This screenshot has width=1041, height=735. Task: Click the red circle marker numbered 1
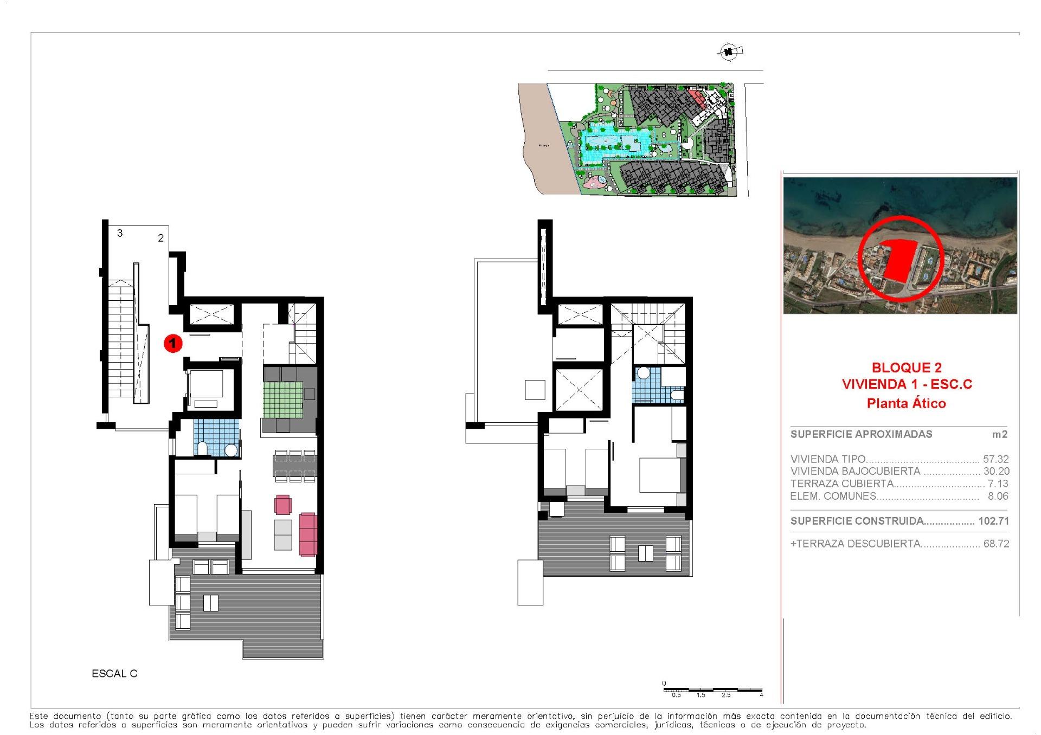click(x=172, y=343)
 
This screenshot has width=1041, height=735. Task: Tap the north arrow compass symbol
click(x=729, y=52)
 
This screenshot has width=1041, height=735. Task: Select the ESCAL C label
click(x=114, y=674)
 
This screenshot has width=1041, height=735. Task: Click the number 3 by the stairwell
click(x=120, y=233)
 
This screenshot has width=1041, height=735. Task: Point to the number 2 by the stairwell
click(x=160, y=238)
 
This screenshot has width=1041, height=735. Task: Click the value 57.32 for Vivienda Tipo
click(x=996, y=459)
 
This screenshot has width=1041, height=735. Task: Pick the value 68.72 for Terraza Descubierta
click(x=996, y=544)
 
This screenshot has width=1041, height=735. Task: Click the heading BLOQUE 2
click(x=906, y=368)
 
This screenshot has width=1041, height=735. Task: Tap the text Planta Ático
click(x=906, y=403)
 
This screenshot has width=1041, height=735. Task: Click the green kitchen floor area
click(x=283, y=399)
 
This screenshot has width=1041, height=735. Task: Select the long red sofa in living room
click(x=308, y=534)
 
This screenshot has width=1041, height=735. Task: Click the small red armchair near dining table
click(x=283, y=505)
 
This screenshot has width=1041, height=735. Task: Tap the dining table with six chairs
click(x=294, y=466)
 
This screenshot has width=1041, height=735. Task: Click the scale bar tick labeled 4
click(x=761, y=695)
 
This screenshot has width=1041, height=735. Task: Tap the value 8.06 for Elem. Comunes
click(x=998, y=496)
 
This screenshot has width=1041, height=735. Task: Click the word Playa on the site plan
click(x=544, y=146)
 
